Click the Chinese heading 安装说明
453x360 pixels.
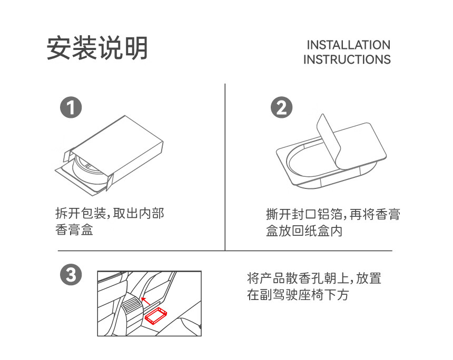pos(97,48)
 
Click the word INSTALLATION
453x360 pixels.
pos(348,45)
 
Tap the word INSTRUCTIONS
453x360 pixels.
pos(347,59)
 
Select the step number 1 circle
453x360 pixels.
pos(71,107)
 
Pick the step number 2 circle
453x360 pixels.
pos(281,107)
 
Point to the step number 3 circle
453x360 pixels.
pos(71,274)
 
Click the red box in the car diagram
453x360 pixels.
pos(156,316)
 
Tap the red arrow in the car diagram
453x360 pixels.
pos(145,301)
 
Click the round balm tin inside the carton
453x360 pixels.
pos(88,170)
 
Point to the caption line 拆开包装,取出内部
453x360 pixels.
pos(110,214)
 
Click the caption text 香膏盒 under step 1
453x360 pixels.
pos(74,230)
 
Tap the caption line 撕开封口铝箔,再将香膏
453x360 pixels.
pos(333,215)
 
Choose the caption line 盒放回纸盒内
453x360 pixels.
pos(304,231)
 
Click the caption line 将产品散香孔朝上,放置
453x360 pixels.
pos(314,278)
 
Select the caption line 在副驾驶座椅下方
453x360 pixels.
pos(298,295)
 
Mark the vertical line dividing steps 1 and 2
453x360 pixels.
pos(225,167)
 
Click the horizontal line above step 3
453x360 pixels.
pos(225,251)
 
